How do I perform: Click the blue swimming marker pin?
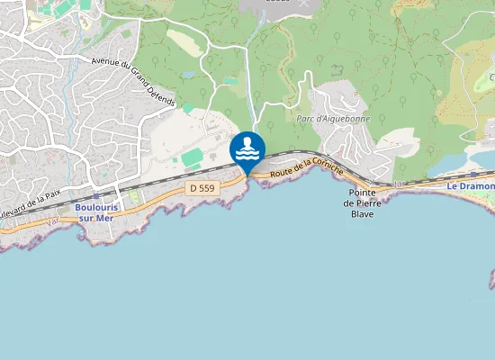247,150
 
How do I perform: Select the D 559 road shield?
203,188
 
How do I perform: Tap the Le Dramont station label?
471,186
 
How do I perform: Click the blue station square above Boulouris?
96,195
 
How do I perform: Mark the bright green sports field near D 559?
192,158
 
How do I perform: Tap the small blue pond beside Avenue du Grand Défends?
188,76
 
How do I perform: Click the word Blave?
362,214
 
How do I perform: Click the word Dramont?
477,186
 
